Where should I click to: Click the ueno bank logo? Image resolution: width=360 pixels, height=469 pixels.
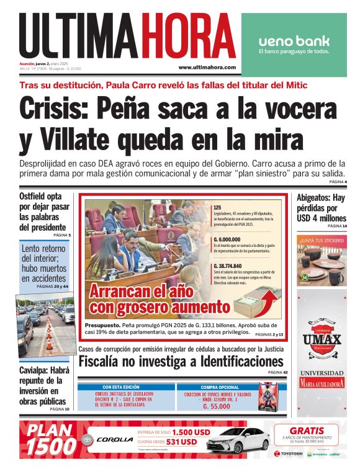click(x=294, y=42)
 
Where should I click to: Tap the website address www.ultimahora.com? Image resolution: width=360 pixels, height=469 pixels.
click(x=207, y=67)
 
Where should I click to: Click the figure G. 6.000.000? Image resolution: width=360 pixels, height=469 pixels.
click(x=227, y=238)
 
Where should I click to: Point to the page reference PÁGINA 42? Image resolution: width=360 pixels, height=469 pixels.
click(x=276, y=372)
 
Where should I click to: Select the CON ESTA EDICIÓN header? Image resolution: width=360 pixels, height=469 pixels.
click(x=121, y=386)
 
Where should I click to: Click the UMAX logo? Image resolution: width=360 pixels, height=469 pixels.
click(x=322, y=339)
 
